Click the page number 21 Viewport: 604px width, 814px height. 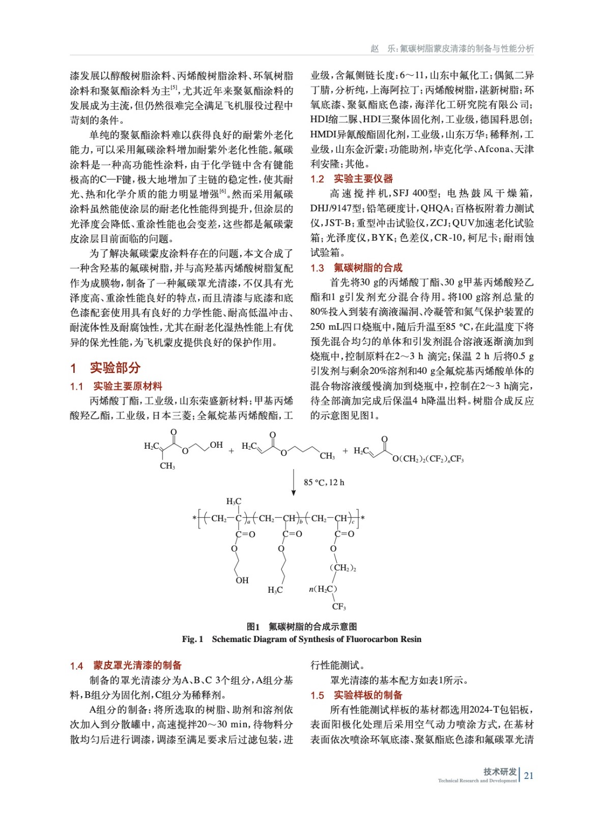point(529,775)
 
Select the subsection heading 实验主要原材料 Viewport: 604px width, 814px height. point(128,387)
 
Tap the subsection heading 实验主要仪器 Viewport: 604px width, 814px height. point(363,179)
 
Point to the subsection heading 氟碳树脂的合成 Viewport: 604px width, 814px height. point(368,268)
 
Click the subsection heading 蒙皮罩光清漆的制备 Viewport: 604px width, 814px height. point(137,665)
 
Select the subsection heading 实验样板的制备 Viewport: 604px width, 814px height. point(368,695)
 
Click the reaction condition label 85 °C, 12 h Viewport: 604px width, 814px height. point(324,482)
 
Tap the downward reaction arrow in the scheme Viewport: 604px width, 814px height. point(294,482)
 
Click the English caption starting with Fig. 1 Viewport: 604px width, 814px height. point(302,639)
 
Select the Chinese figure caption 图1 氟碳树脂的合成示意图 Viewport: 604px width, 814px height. point(302,626)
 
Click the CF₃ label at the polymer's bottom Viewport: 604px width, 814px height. point(339,606)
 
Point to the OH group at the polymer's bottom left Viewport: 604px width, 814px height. point(242,580)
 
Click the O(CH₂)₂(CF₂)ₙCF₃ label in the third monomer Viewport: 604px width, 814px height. point(428,459)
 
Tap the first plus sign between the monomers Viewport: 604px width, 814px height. point(232,451)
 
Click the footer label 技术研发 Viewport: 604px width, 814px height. point(500,771)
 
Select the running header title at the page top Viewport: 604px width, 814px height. point(452,49)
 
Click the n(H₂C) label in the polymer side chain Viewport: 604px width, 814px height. point(323,589)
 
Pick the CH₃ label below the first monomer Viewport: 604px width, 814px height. point(167,466)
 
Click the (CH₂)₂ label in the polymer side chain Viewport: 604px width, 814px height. point(343,568)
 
